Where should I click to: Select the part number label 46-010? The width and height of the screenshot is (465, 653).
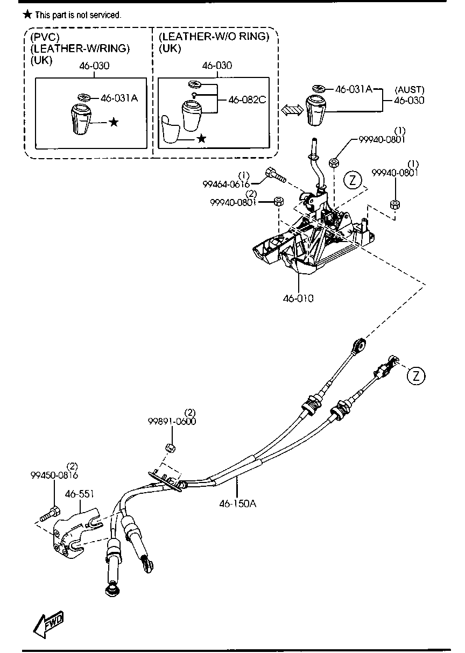(x=298, y=297)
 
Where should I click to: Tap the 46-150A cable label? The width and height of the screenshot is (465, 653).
(x=237, y=503)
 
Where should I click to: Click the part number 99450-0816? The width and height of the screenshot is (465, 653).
(x=54, y=475)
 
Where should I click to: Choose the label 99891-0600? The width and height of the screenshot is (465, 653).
(x=172, y=421)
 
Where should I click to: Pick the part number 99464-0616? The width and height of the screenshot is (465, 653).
(x=227, y=184)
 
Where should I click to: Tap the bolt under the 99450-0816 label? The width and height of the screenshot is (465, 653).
(x=50, y=515)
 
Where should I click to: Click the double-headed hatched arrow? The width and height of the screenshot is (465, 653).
(x=292, y=109)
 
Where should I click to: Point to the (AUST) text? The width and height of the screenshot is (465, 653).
(x=410, y=90)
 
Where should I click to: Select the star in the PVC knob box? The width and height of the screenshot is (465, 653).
(x=114, y=122)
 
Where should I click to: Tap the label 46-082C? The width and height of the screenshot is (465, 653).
(x=247, y=100)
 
